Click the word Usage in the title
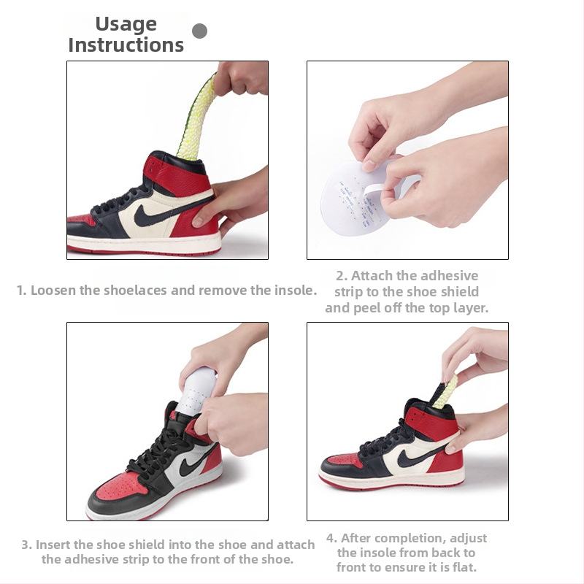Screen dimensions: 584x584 126,25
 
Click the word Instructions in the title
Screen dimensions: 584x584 126,45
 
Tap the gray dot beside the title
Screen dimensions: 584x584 199,31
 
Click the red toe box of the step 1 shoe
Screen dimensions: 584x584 80,220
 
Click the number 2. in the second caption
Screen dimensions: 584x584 342,276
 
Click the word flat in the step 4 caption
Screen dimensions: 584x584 466,567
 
